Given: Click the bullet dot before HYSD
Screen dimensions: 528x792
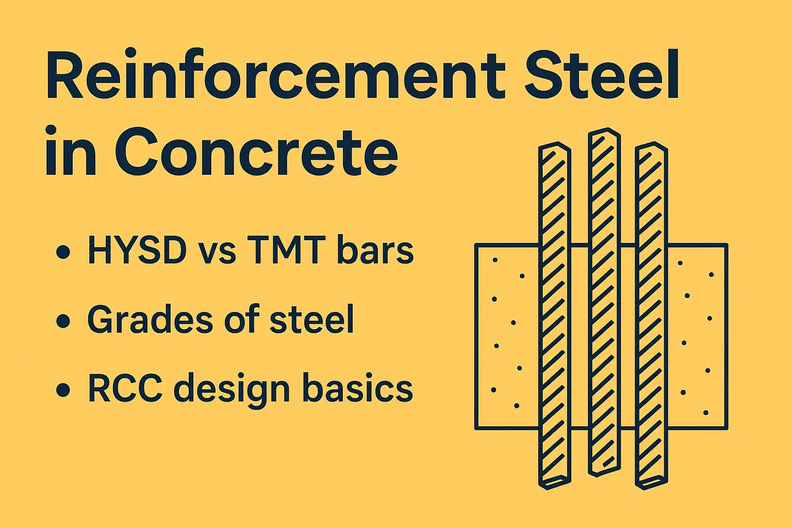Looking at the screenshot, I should click(63, 252).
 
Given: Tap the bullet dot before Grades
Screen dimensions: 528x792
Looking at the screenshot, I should click(63, 321).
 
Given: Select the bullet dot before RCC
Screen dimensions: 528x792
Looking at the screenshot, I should click(63, 389).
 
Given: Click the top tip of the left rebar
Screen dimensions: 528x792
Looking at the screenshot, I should click(555, 145).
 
